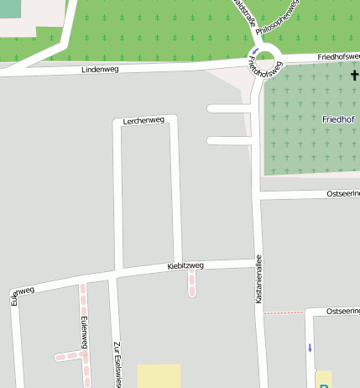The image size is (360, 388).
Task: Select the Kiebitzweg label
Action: (x=185, y=266)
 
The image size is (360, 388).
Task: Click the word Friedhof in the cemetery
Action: (x=338, y=119)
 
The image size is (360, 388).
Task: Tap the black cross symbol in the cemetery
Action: (x=354, y=76)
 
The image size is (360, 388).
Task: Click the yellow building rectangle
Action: (x=159, y=375)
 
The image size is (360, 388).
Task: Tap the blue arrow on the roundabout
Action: (x=255, y=52)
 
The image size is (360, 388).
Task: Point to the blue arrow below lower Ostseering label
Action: (x=309, y=347)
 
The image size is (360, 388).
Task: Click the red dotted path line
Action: (x=284, y=312)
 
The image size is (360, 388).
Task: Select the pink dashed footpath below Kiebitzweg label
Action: (x=191, y=283)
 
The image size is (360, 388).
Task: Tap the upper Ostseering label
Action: (x=343, y=194)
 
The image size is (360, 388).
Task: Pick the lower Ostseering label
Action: (x=343, y=311)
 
